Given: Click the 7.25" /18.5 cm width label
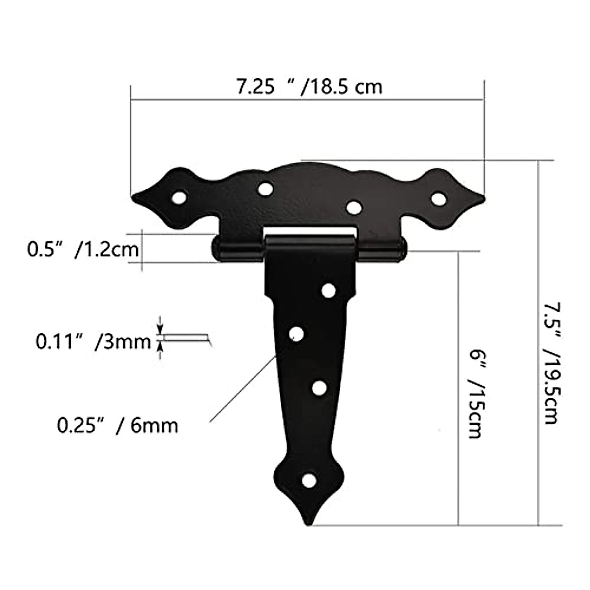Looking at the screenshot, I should coord(309,87).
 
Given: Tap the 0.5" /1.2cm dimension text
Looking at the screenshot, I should coord(83,250).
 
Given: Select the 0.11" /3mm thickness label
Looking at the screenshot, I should coord(93,341).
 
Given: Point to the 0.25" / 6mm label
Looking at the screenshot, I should coord(118,425).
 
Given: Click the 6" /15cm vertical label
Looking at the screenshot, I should coord(474,394).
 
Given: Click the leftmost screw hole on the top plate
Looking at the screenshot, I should coord(180,198).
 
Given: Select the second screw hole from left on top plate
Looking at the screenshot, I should coord(265,188).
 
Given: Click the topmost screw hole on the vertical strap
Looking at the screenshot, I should coord(328,291).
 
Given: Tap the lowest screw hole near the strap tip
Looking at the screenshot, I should coord(308,480).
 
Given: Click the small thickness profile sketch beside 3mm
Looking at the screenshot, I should coord(187,338).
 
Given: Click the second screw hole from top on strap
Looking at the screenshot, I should coord(296,334).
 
